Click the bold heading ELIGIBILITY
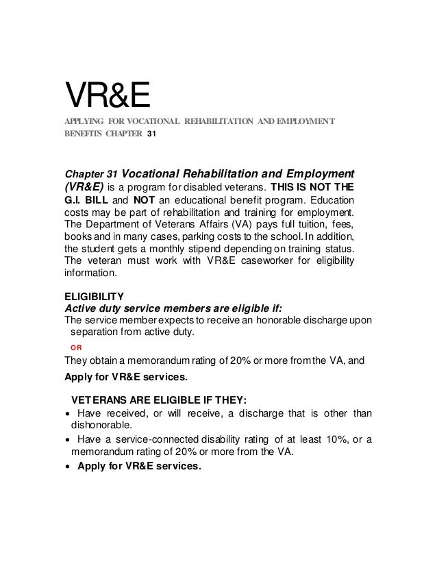pos(94,297)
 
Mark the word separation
pos(98,333)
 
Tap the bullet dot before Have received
pos(66,413)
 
